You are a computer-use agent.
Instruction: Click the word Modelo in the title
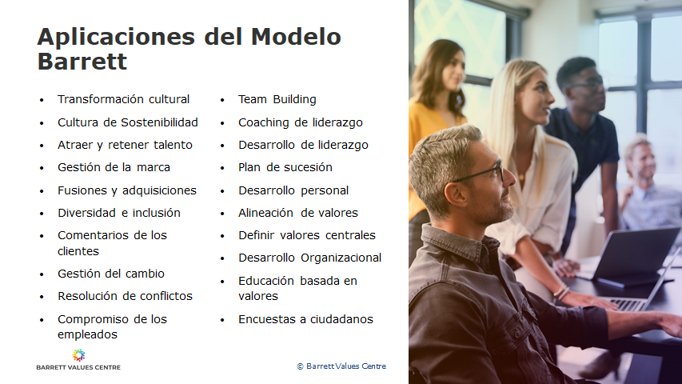click(296, 37)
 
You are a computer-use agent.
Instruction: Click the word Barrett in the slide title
click(82, 62)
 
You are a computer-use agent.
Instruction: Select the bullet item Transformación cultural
click(123, 100)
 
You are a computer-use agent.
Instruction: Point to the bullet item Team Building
click(277, 100)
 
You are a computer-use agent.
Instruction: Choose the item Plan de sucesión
click(285, 168)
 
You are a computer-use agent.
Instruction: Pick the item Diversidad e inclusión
click(119, 213)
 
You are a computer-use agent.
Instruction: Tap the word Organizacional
click(341, 258)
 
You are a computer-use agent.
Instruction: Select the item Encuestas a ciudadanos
click(305, 319)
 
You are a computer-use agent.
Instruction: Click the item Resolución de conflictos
click(125, 297)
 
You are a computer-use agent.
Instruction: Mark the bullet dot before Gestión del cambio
click(42, 274)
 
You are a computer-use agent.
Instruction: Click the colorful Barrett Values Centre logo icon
click(78, 355)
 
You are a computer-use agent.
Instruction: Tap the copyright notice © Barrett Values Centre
click(341, 366)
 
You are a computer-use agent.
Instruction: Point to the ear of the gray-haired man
click(456, 194)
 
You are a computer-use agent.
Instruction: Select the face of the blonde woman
click(535, 98)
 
